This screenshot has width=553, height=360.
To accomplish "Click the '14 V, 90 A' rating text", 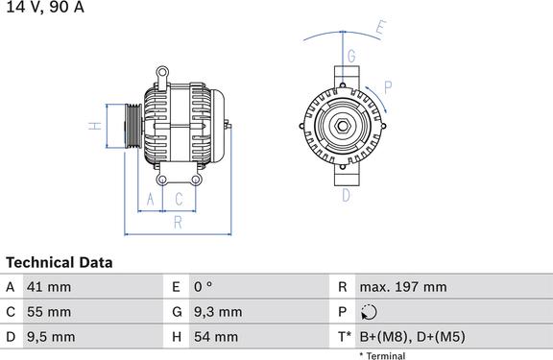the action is point(45,7).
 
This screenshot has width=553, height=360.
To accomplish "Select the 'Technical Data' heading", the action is point(60,263).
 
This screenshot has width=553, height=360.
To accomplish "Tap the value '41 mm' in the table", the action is point(49,287).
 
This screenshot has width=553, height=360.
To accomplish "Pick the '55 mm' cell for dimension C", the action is point(49,312).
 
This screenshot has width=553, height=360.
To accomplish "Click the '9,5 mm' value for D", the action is point(51,337).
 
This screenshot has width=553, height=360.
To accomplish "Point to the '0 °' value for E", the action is point(204,287).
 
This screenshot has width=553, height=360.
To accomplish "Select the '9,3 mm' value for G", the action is point(218,312).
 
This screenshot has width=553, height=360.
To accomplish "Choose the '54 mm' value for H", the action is point(216,337).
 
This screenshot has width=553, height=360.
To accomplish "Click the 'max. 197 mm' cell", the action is point(403,287).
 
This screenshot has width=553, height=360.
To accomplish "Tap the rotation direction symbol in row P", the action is point(369,312).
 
